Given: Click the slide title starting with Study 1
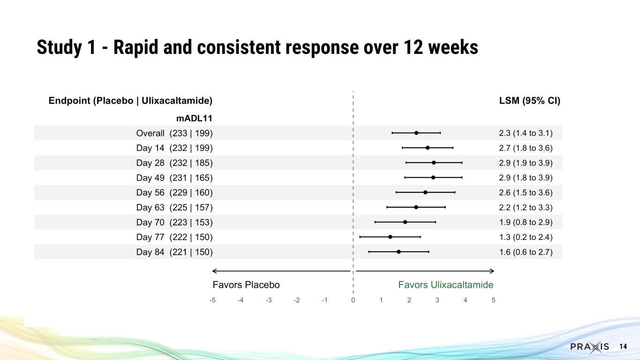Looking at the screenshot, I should coord(257,47).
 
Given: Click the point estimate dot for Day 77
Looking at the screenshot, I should coord(390,237).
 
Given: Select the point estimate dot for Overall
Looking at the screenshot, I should coord(416,133).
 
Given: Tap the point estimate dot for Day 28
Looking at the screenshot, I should coord(434,163).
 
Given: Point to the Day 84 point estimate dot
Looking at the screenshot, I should coord(399,252).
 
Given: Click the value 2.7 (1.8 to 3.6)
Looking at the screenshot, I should coord(526,148).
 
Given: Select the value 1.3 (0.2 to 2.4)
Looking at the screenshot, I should coord(526,237).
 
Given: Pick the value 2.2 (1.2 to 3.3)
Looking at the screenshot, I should coord(526,208).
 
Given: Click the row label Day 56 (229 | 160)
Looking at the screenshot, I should coord(174,193).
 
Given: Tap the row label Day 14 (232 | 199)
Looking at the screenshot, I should coord(174,148).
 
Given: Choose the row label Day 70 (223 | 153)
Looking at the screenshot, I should coord(174,222).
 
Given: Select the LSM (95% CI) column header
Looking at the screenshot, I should coord(530,101).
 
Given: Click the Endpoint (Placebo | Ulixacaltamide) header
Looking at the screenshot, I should coord(130,101).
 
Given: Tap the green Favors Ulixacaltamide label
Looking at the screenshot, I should coord(445,285).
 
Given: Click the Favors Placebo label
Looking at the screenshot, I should coord(246,285).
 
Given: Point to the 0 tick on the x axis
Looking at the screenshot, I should coord(353,300).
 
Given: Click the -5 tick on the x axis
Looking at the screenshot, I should coord(212,300).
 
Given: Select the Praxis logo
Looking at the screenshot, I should coord(589,347).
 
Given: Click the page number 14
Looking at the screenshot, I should coord(623,347).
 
